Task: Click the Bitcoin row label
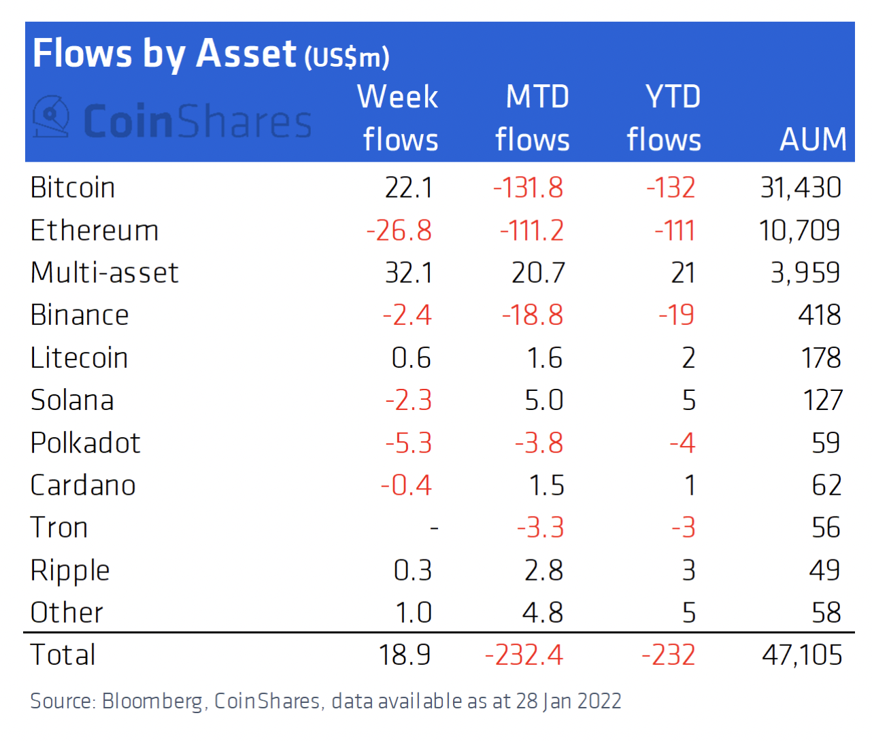click(73, 188)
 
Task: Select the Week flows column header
click(399, 118)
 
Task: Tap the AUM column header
click(813, 139)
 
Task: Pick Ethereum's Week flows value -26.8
click(399, 230)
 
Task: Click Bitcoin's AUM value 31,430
click(801, 188)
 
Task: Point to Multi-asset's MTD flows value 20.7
click(538, 273)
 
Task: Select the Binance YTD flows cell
click(676, 315)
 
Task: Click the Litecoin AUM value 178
click(821, 358)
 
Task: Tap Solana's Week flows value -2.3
click(408, 400)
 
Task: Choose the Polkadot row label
click(85, 443)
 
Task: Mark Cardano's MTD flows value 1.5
click(546, 485)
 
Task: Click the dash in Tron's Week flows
click(434, 528)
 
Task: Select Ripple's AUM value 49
click(824, 570)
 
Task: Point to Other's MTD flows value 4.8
click(543, 613)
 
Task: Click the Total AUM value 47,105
click(802, 655)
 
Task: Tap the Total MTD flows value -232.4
click(524, 655)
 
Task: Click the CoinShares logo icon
click(52, 117)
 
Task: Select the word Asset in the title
click(246, 54)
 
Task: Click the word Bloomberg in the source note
click(152, 701)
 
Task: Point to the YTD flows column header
click(665, 118)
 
